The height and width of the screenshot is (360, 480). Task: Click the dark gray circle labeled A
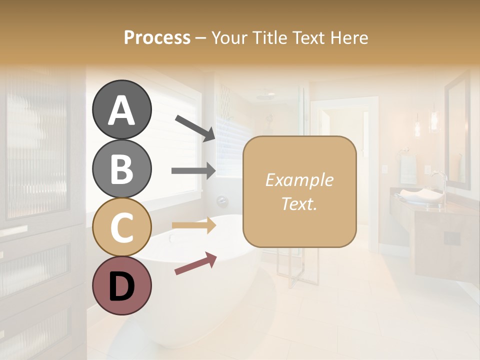pyautogui.click(x=121, y=110)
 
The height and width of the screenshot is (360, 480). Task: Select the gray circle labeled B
pyautogui.click(x=121, y=168)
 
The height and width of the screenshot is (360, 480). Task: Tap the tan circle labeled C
pyautogui.click(x=121, y=227)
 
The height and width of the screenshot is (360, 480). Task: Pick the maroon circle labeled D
pyautogui.click(x=121, y=285)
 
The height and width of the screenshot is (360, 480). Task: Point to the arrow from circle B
pyautogui.click(x=193, y=171)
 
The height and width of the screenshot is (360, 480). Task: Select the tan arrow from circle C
pyautogui.click(x=193, y=225)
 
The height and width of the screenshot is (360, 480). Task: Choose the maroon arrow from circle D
pyautogui.click(x=195, y=263)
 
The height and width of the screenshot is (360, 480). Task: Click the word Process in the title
pyautogui.click(x=157, y=37)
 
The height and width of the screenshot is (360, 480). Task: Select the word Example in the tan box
pyautogui.click(x=299, y=180)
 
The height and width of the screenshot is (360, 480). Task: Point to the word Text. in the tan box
pyautogui.click(x=299, y=203)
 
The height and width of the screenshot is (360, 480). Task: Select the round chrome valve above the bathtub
pyautogui.click(x=222, y=201)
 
